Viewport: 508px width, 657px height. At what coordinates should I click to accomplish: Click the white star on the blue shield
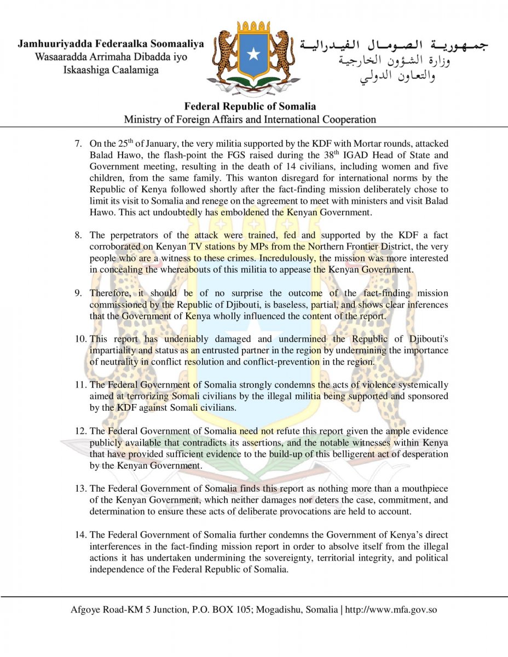click(253, 54)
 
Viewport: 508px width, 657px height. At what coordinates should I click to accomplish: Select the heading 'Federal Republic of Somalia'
click(250, 106)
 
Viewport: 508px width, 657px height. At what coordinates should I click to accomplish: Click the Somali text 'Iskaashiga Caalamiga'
click(111, 70)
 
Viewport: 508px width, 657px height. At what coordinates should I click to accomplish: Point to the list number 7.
click(79, 145)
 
